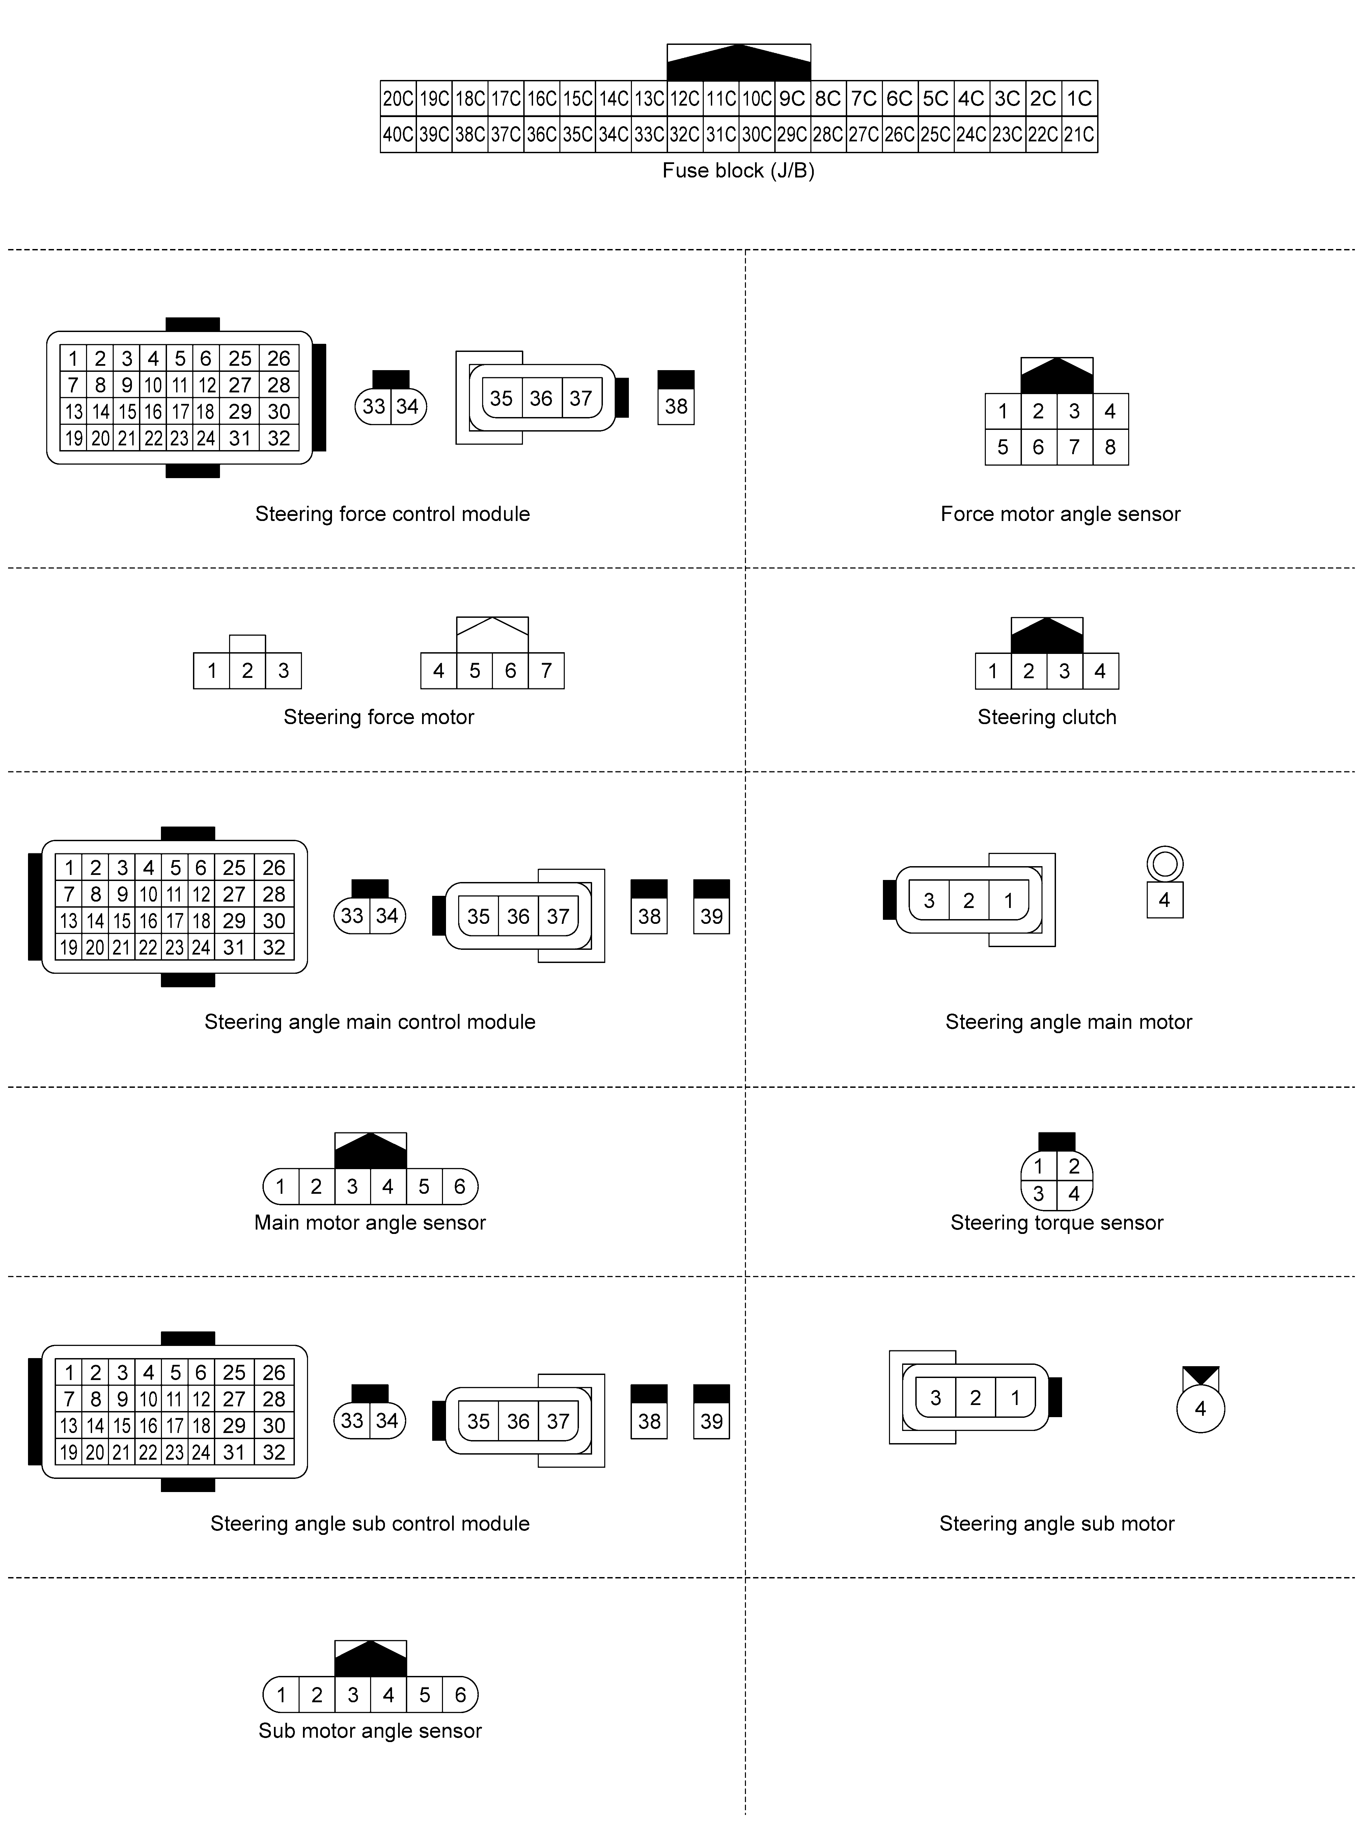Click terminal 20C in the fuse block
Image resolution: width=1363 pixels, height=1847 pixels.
[398, 99]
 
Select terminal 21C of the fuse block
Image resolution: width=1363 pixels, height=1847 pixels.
[1079, 135]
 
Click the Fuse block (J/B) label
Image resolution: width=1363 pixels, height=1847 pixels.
[739, 171]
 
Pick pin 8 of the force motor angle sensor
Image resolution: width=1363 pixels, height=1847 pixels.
[1110, 447]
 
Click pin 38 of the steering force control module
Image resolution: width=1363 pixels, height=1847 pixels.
[676, 406]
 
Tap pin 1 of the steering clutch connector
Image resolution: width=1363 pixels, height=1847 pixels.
[993, 671]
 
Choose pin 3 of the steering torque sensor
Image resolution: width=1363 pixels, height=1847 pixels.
[1039, 1194]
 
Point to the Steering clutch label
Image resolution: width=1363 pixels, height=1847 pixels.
[1046, 717]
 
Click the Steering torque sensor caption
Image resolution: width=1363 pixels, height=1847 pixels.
[1056, 1222]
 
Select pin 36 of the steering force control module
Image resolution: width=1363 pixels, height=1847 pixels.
[540, 398]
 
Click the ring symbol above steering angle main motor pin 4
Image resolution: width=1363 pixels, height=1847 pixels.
[1164, 864]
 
